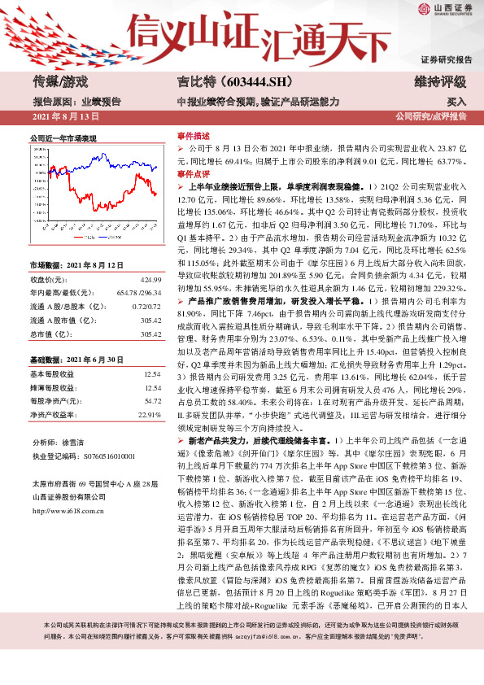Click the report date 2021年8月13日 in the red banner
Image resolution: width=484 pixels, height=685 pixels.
click(x=59, y=117)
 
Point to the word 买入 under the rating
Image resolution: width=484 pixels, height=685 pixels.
click(x=456, y=102)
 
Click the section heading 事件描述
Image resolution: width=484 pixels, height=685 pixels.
click(x=194, y=136)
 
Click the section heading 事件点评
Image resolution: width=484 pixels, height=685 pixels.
click(x=194, y=174)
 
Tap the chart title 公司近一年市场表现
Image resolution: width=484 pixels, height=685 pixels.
click(x=63, y=139)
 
